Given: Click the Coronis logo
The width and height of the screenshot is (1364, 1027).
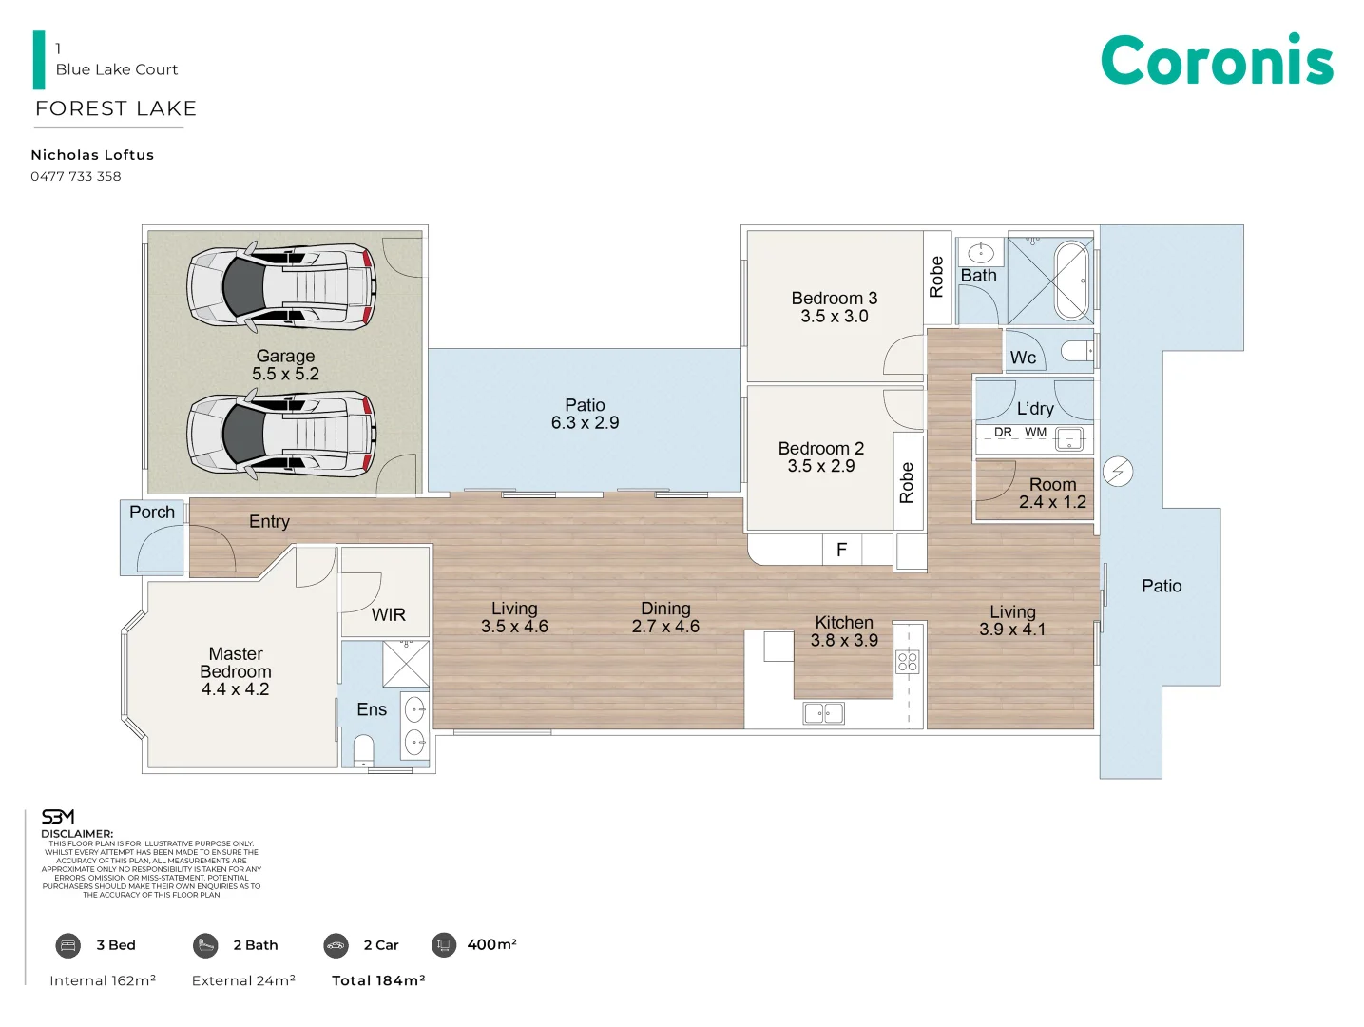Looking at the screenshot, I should click(1217, 60).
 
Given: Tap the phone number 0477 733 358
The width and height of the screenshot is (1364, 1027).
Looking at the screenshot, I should click(76, 176).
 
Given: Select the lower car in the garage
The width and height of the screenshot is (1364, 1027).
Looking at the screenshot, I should click(281, 434).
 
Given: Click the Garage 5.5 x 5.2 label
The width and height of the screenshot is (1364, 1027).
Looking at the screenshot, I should click(285, 365).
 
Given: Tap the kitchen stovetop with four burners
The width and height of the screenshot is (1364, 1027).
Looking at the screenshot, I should click(908, 662).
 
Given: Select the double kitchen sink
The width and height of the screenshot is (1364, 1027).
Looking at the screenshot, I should click(823, 712).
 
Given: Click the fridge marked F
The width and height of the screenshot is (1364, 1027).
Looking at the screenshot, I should click(842, 550).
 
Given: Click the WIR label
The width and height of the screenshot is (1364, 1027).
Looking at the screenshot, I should click(388, 615).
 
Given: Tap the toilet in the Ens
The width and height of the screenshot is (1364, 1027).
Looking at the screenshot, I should click(364, 749).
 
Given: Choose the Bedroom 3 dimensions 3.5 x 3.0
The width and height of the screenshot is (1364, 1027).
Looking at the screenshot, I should click(834, 317).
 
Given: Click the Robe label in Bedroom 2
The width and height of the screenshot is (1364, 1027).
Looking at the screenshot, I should click(907, 482).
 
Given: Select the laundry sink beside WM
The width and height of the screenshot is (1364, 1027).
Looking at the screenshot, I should click(1070, 439).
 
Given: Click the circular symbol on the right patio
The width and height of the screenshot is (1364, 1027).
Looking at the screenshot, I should click(1118, 472).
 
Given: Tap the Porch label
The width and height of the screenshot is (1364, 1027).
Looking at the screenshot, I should click(152, 513).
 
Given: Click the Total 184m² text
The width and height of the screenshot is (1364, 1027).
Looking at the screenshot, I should click(378, 980).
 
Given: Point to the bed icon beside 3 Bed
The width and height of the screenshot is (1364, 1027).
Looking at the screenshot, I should click(67, 945).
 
